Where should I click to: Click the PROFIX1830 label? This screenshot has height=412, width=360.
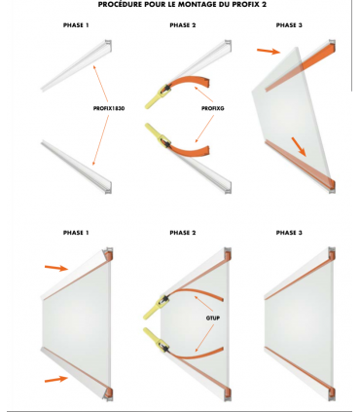(109, 108)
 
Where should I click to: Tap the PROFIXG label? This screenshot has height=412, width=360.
(213, 108)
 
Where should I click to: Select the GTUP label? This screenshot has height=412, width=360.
(213, 318)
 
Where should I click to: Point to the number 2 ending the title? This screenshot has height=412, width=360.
(264, 5)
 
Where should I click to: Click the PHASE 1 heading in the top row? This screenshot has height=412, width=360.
(76, 25)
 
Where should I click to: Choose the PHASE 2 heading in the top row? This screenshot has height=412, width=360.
(183, 25)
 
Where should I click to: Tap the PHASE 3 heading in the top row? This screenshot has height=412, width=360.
(289, 25)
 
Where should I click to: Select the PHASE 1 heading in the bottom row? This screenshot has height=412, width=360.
(76, 233)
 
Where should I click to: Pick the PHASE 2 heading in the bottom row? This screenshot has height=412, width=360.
(183, 233)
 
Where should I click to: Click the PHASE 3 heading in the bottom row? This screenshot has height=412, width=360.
(289, 233)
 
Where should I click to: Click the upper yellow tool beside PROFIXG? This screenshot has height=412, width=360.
(158, 96)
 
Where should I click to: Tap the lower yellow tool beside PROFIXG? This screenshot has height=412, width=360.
(158, 134)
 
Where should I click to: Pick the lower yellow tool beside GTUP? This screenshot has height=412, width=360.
(157, 340)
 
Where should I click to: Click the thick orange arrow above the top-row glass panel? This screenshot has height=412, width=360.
(269, 51)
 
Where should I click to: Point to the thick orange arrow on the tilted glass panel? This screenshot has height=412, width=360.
(299, 147)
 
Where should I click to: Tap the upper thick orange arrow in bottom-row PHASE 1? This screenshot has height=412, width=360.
(56, 268)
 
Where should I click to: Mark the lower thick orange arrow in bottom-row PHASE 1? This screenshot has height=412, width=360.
(56, 379)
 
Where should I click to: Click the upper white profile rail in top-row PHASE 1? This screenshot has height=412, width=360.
(77, 65)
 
